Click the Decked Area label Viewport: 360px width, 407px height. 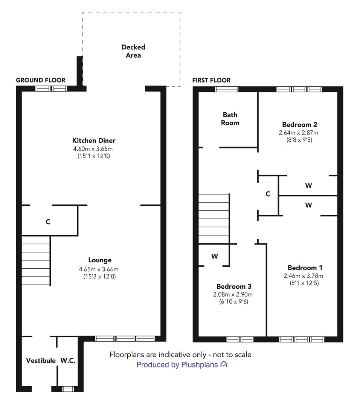click(133, 51)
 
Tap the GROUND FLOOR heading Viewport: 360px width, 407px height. click(41, 80)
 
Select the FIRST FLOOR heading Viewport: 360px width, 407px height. click(211, 81)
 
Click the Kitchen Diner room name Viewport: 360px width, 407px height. click(94, 141)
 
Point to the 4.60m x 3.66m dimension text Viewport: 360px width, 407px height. click(93, 149)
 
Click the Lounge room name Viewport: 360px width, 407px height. click(100, 260)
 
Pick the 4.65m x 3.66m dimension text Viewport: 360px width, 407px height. click(99, 269)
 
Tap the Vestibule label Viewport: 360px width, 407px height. click(41, 361)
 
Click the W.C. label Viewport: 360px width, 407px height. click(68, 361)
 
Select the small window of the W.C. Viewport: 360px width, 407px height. click(68, 389)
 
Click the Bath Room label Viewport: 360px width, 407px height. click(230, 119)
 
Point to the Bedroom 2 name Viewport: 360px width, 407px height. click(300, 125)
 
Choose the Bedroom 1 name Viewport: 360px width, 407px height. click(305, 268)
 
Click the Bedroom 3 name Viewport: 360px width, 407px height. click(234, 286)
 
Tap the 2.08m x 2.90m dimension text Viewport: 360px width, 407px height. click(233, 294)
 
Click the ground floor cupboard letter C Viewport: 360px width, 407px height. click(48, 222)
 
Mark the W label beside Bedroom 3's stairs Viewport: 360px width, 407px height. click(215, 257)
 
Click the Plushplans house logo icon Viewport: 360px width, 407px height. click(224, 364)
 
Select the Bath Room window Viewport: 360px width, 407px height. click(227, 89)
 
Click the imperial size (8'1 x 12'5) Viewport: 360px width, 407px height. click(304, 283)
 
